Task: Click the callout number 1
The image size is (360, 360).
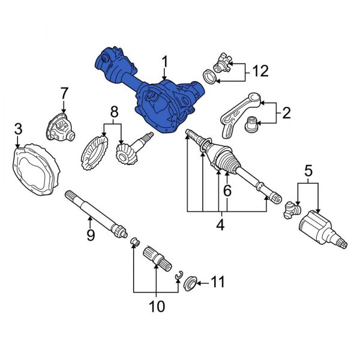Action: [164, 61]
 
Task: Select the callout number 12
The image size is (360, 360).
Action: [260, 72]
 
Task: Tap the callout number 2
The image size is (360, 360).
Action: [286, 112]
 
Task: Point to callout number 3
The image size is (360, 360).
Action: [19, 129]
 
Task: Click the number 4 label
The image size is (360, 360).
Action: [220, 225]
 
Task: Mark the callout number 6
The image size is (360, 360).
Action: [227, 191]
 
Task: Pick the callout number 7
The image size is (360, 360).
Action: [64, 94]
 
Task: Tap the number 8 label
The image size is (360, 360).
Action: [113, 112]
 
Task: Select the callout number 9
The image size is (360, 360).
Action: [90, 235]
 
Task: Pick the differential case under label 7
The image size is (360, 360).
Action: [60, 127]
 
